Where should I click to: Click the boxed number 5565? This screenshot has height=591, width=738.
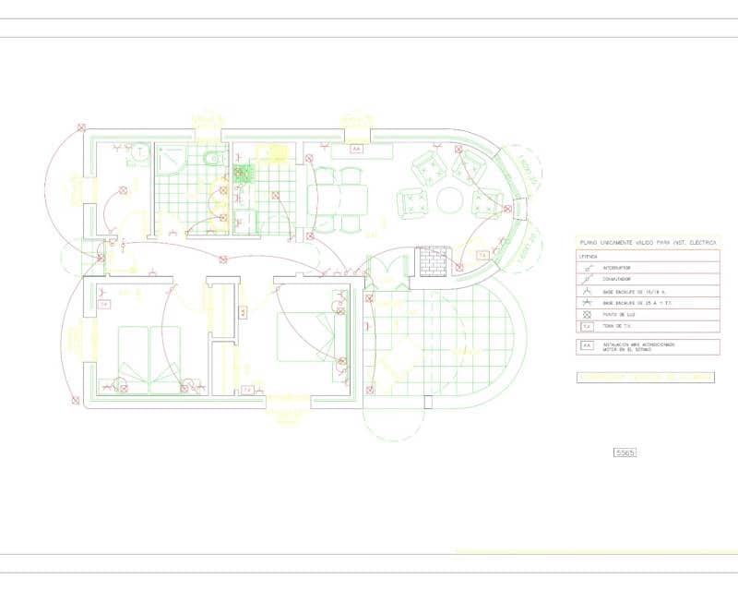click(x=625, y=452)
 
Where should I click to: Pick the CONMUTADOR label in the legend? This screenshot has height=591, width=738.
click(x=617, y=279)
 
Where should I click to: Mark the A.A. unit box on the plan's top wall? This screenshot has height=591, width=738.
click(x=356, y=147)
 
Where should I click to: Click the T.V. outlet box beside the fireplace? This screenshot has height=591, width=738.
click(x=482, y=255)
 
